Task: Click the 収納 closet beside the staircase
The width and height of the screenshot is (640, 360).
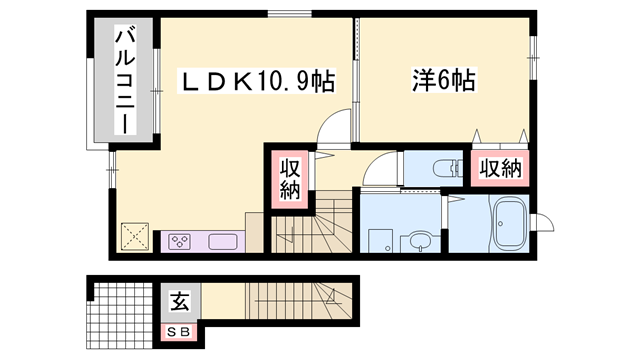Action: [289, 178]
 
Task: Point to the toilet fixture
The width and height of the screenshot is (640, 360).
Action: [437, 169]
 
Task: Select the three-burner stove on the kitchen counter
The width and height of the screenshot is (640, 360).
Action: [181, 240]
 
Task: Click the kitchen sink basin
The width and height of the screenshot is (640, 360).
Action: [223, 241]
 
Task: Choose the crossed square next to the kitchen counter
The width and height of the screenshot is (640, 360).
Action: [133, 237]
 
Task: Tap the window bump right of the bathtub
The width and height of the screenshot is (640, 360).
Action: [545, 222]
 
